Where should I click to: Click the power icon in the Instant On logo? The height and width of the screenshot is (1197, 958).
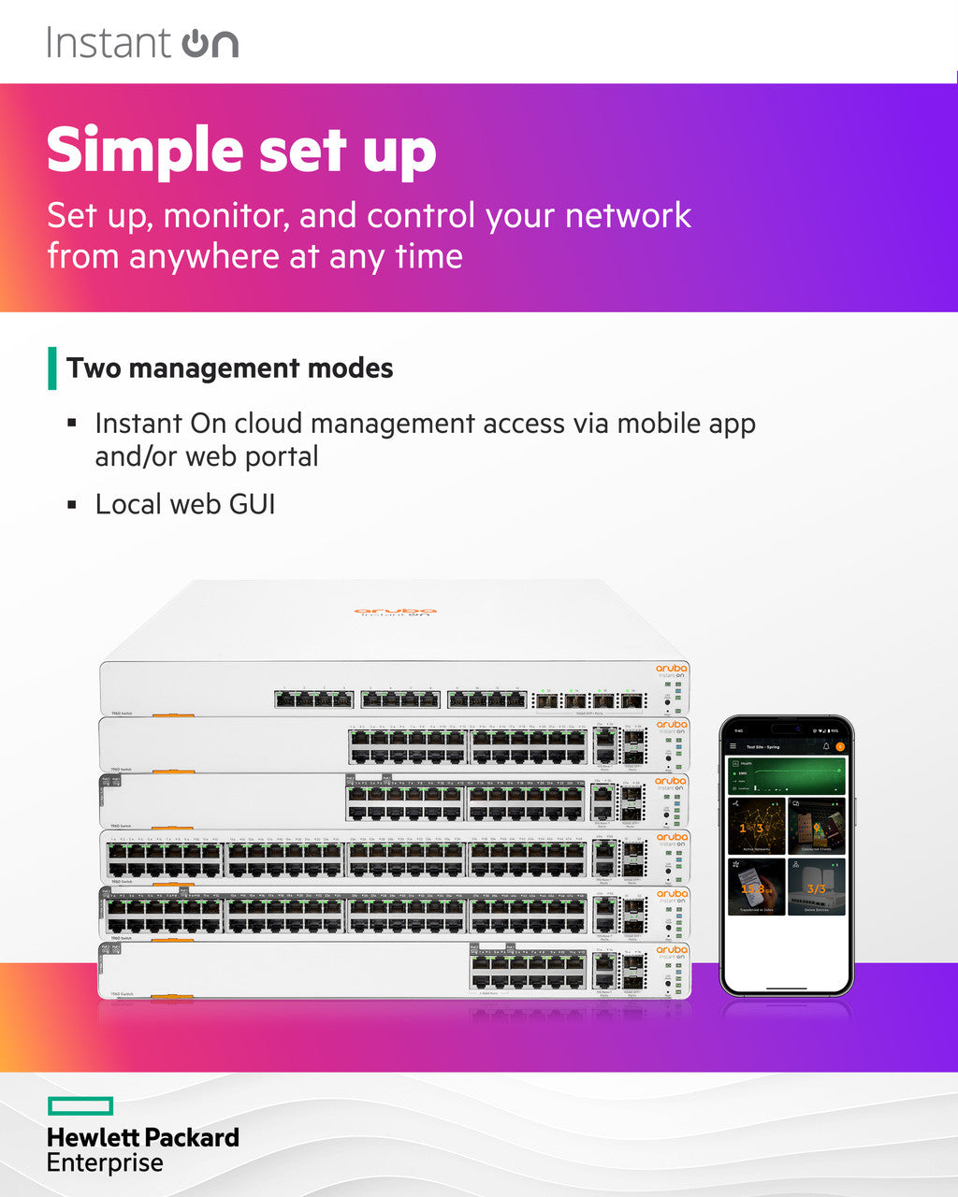pos(196,44)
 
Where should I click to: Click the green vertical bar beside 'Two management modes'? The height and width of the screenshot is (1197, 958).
pos(52,368)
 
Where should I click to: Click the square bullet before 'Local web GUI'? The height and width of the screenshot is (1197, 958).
pos(72,505)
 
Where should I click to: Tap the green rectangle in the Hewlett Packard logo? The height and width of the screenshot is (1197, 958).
pos(80,1106)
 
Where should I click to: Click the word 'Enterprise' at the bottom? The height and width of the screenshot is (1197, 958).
pos(105,1163)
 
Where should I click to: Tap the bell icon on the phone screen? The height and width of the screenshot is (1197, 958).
pos(825,746)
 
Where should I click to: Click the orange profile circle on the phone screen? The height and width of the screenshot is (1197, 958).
pos(839,746)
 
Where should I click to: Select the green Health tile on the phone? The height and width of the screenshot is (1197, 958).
pos(786,776)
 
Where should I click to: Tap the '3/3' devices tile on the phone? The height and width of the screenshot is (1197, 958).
pos(817,887)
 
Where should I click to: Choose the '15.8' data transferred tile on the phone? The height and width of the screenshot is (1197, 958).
pos(756,887)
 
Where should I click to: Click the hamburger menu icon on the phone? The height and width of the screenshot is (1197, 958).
pos(733,746)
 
